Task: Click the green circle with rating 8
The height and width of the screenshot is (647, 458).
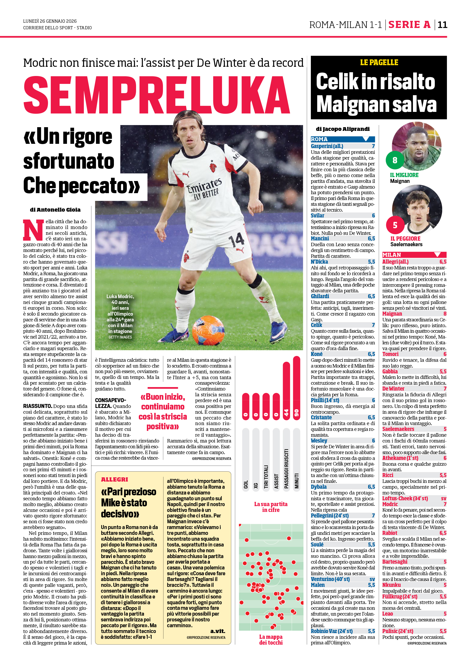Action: [394, 160]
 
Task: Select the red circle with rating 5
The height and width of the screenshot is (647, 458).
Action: [395, 225]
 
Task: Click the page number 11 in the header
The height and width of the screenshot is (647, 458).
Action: [442, 25]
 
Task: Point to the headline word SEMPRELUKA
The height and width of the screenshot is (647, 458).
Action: [157, 95]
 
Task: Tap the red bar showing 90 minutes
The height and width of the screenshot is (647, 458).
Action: [296, 388]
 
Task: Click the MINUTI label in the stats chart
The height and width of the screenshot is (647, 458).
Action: [296, 481]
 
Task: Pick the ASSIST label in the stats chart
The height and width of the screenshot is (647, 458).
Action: [276, 481]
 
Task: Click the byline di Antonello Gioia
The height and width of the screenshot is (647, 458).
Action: [55, 210]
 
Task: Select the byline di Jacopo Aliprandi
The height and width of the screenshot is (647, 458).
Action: [343, 129]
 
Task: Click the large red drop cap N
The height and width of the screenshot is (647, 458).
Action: [33, 230]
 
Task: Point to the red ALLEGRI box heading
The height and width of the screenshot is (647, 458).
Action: [114, 479]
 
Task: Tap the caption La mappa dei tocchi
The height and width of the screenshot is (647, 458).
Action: [271, 639]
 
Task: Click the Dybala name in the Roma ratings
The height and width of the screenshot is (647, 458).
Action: [319, 487]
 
